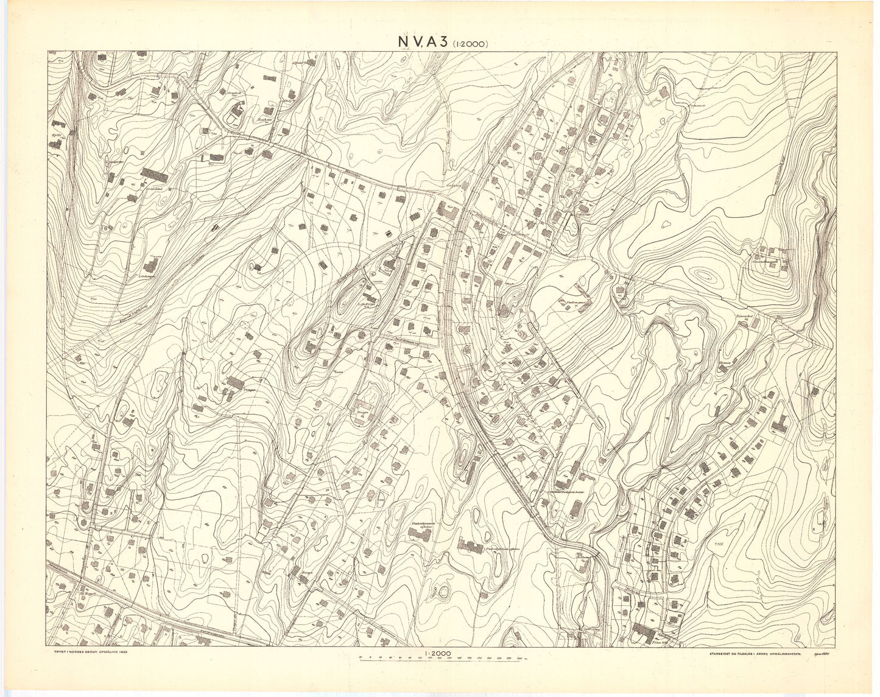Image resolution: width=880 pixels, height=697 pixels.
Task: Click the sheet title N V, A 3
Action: [422, 41]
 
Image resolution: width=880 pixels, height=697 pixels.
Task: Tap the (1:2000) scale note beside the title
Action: [469, 43]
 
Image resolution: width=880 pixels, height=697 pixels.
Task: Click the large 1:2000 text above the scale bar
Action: [433, 652]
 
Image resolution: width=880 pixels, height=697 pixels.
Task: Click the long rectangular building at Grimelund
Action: [154, 175]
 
